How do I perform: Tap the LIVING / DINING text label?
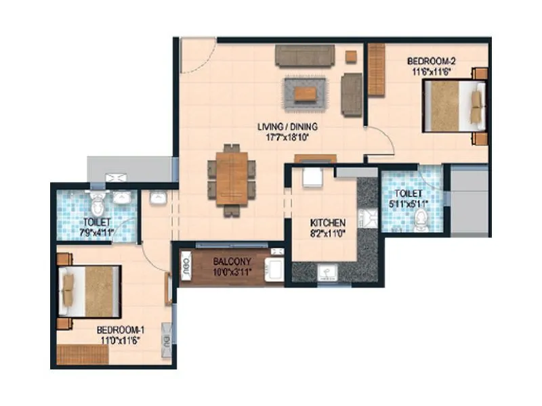pos(287,127)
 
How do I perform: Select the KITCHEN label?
pos(328,223)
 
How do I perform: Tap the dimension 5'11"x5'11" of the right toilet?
pos(405,202)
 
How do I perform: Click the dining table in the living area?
pos(232,179)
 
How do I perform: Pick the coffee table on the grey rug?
pos(304,94)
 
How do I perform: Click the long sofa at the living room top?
pos(304,55)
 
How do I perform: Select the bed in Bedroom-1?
pos(89,292)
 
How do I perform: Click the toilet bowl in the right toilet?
pos(421,219)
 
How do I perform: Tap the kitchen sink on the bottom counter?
pos(327,273)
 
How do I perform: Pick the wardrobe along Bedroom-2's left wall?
pos(376,70)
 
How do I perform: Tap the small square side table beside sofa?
pos(351,56)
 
